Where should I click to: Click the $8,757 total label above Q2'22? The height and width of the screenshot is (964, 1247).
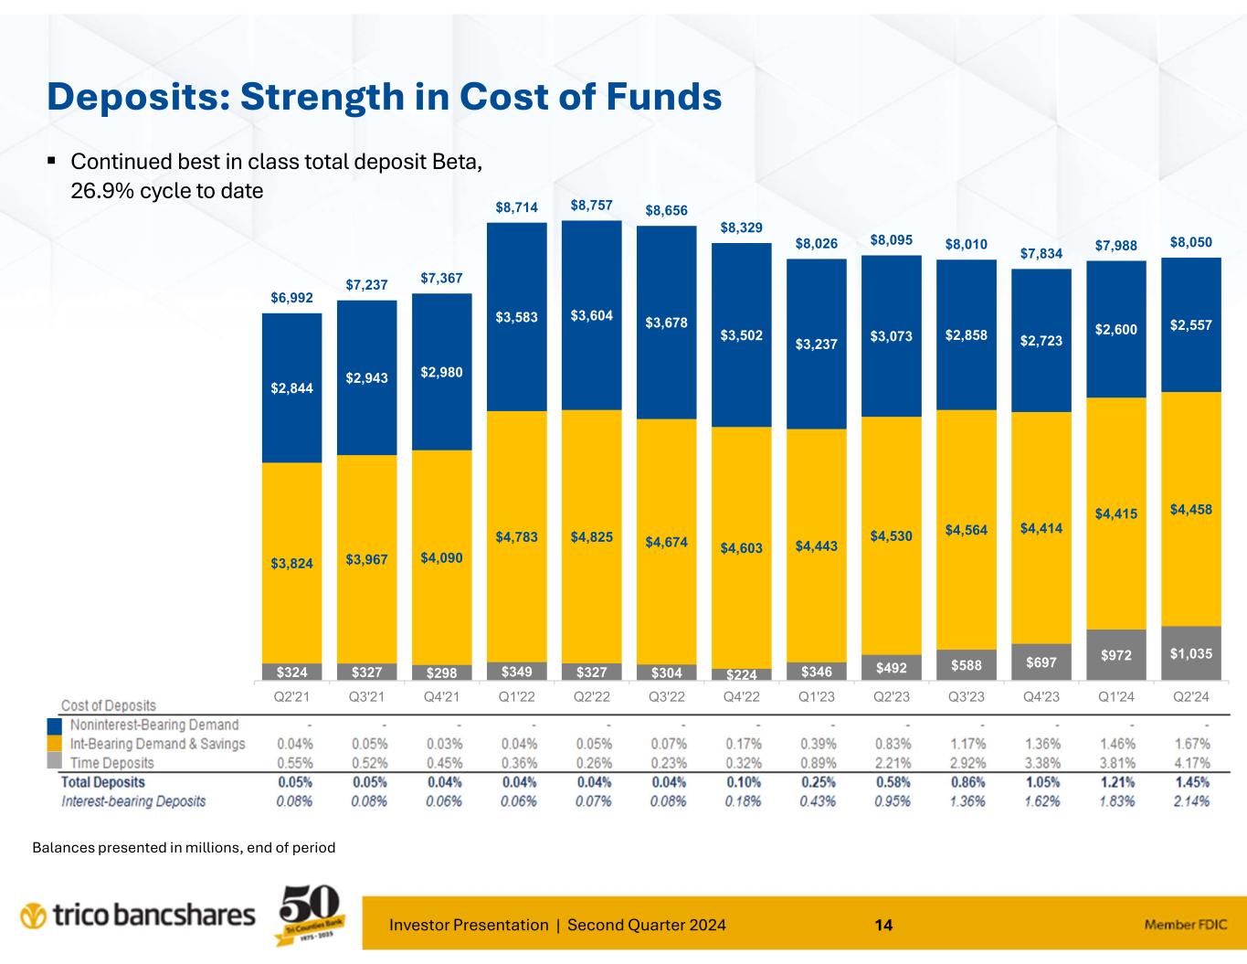coord(592,206)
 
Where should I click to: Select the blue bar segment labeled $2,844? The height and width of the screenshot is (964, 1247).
coord(291,387)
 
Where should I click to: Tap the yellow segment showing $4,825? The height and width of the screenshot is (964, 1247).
coord(592,535)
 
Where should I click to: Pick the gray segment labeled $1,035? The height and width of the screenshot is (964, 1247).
coord(1190,653)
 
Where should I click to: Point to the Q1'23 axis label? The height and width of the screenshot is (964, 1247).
coord(817,697)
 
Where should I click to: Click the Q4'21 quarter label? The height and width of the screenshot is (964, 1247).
coord(442,697)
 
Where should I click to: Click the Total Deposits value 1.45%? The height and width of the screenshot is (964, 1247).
coord(1191,782)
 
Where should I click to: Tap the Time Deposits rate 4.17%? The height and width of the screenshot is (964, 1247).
coord(1191,763)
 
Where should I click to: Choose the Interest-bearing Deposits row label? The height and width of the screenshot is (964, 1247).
coord(133,801)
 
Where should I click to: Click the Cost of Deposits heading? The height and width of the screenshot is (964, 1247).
coord(109,705)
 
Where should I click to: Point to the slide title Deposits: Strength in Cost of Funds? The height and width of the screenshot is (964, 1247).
coord(385,97)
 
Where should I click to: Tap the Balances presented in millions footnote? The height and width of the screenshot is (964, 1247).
coord(184,848)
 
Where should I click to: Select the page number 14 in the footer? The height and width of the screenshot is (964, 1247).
coord(883,925)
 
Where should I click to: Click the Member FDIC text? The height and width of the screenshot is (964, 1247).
coord(1185,925)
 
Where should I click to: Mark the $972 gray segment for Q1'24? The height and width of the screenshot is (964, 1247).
coord(1115,655)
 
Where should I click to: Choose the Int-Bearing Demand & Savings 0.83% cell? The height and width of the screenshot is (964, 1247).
coord(892,744)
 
